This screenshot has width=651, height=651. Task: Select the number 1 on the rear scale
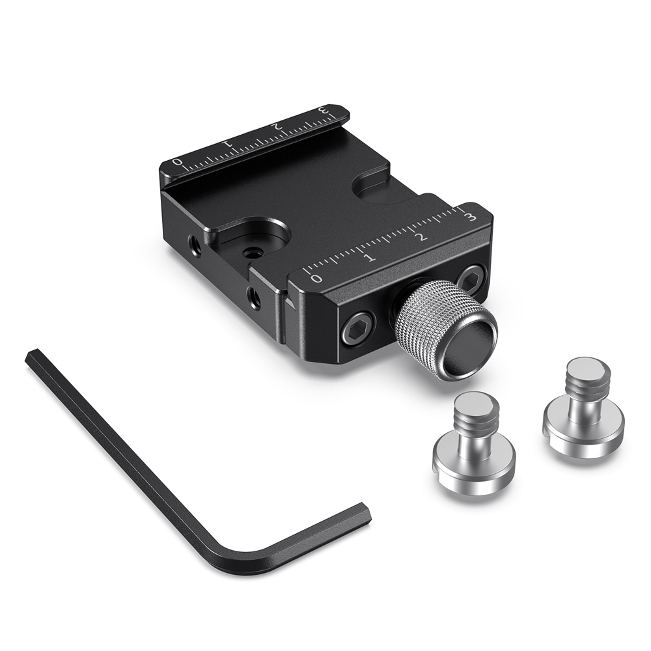(227, 143)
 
